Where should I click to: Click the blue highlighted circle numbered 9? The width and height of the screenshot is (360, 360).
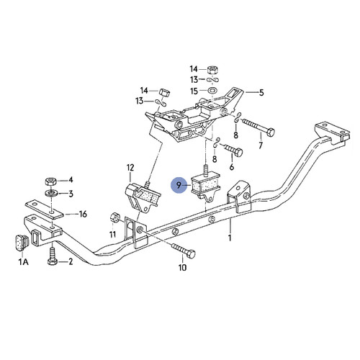[x=179, y=185]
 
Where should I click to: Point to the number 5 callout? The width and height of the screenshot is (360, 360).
[x=261, y=93]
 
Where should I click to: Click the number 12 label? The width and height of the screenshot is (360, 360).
[x=130, y=168]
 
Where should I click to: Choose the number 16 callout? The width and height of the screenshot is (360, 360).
[x=83, y=215]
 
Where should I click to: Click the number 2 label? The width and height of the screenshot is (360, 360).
[x=71, y=262]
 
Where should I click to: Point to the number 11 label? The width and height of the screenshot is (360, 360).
[x=112, y=235]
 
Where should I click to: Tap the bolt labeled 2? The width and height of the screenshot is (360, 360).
[x=51, y=258]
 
